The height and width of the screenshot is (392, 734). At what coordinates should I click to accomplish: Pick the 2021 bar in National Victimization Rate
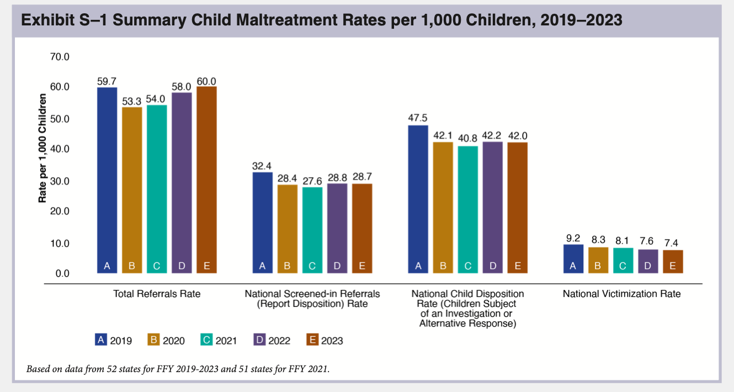[x=623, y=260]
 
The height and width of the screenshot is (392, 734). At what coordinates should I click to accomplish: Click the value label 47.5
[x=418, y=118]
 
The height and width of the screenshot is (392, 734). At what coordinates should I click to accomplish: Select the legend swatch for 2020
[x=154, y=340]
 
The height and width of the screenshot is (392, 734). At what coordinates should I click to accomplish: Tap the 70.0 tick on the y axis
[x=60, y=56]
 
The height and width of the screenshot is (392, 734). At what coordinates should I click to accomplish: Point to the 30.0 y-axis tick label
[x=60, y=181]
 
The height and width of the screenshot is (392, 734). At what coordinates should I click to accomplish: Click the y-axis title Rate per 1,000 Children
[x=42, y=149]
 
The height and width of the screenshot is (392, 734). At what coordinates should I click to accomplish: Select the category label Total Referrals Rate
[x=157, y=294]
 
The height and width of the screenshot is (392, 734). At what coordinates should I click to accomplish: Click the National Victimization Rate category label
[x=621, y=294]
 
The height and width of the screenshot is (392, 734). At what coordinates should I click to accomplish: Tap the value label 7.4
[x=672, y=242]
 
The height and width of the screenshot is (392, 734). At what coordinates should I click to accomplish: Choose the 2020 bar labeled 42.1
[x=443, y=208]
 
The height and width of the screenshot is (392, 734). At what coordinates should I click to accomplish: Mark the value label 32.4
[x=262, y=165]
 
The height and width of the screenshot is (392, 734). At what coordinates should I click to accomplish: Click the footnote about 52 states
[x=178, y=368]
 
